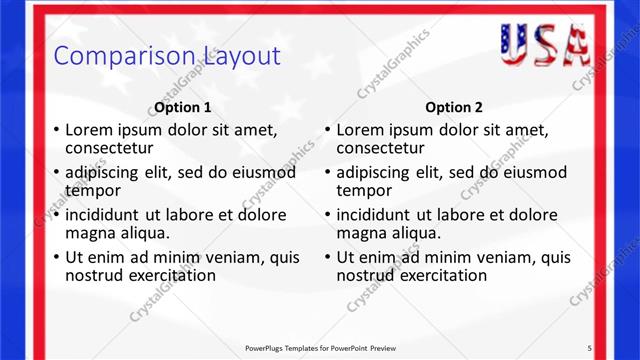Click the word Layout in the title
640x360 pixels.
tap(240, 55)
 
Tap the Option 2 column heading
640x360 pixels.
tap(454, 107)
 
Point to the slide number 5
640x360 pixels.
tap(590, 347)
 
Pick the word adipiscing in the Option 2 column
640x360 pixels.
tap(376, 172)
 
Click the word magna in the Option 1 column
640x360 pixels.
tap(90, 233)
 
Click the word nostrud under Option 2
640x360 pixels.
tap(366, 275)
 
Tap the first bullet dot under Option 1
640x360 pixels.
tap(55, 131)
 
